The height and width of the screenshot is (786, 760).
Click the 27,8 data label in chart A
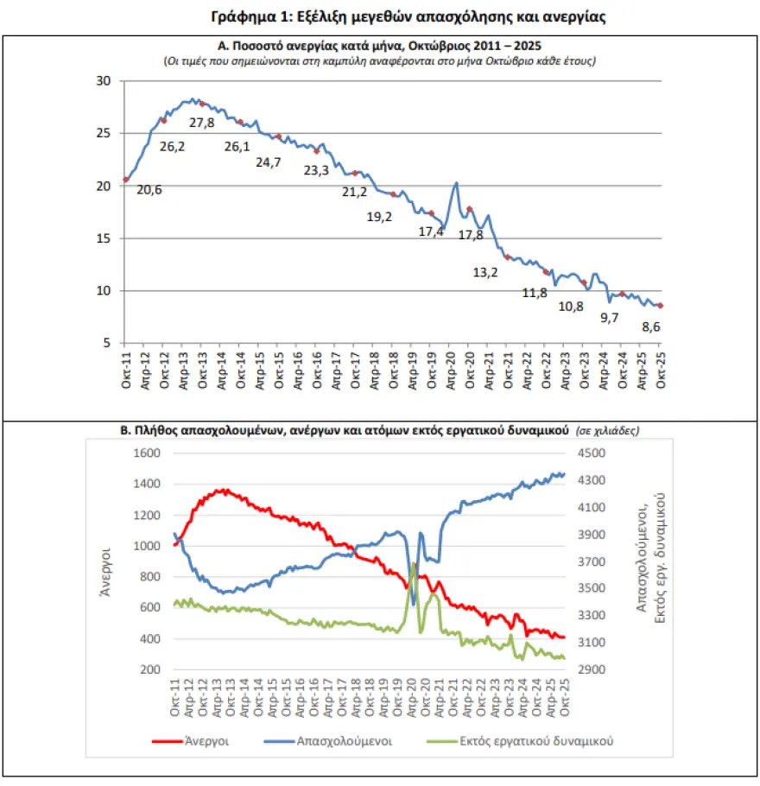pyautogui.click(x=202, y=124)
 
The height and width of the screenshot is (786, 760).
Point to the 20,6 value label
pyautogui.click(x=150, y=190)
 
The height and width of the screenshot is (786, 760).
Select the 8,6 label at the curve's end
pyautogui.click(x=651, y=327)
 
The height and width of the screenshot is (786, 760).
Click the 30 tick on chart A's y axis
pyautogui.click(x=104, y=81)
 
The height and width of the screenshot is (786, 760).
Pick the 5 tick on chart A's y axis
pyautogui.click(x=107, y=343)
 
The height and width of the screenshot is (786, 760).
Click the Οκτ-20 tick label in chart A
pyautogui.click(x=470, y=370)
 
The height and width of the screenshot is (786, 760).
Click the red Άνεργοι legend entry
pyautogui.click(x=184, y=740)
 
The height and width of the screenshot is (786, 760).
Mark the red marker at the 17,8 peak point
pyautogui.click(x=469, y=209)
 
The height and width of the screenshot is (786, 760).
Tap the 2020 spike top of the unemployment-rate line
pyautogui.click(x=455, y=183)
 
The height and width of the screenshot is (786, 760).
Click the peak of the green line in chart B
pyautogui.click(x=414, y=564)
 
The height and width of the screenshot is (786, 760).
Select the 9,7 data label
pyautogui.click(x=610, y=318)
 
